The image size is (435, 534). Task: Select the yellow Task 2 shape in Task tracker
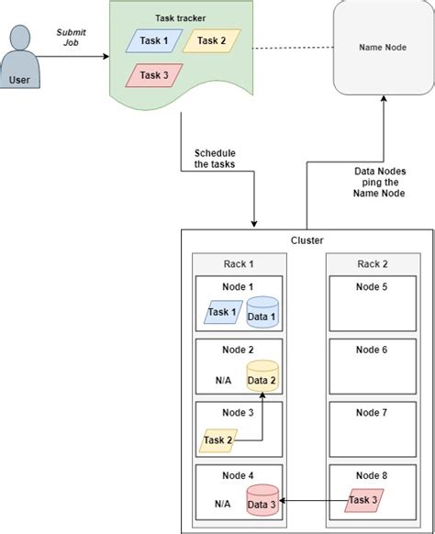click(211, 41)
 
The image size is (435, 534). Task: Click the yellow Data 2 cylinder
click(262, 377)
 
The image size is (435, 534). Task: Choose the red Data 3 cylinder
click(262, 501)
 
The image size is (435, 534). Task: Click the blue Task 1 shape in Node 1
click(221, 313)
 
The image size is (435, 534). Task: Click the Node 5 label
click(371, 286)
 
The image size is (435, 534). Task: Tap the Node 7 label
click(371, 412)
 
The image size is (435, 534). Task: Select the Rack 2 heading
click(371, 264)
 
